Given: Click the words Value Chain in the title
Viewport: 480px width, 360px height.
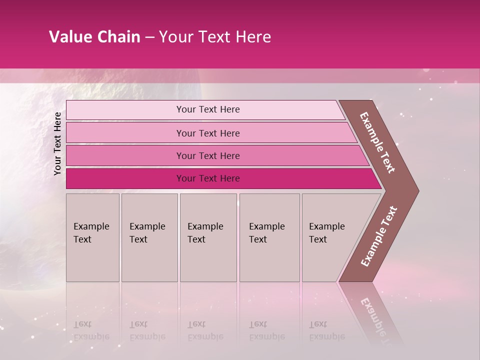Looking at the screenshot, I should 94,37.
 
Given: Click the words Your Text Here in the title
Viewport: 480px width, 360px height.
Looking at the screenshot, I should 215,37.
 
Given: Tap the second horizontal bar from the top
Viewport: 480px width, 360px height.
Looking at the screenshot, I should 207,133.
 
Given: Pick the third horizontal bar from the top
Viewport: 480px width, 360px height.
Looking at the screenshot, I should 207,155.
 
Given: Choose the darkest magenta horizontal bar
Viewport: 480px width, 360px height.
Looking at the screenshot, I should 207,178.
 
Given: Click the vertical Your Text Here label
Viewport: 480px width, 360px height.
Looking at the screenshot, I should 57,143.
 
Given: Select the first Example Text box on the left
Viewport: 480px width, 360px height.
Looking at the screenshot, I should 92,237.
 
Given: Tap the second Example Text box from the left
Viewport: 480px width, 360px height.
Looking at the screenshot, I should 149,237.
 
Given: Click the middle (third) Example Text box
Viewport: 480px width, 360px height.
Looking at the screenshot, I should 208,237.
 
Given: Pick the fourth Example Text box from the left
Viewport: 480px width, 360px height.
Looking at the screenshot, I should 269,237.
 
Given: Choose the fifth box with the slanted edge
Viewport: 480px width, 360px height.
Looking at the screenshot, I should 330,237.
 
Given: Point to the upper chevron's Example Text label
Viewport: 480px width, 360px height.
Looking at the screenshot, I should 377,142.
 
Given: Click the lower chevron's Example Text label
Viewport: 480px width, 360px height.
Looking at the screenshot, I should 378,236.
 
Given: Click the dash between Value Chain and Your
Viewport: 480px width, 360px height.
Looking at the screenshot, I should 149,37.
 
